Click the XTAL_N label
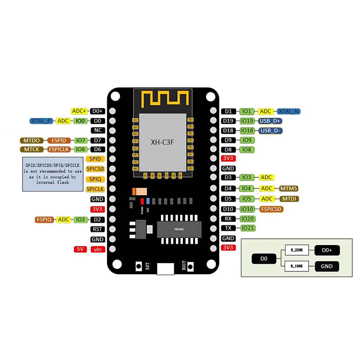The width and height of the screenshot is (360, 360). pos(288,111)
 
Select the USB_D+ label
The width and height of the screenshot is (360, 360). pos(270,121)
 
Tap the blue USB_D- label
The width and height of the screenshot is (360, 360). pos(270,130)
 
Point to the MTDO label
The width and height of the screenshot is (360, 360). pos(31,140)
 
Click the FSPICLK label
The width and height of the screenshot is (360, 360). pos(59,149)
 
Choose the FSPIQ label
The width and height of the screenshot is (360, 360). pos(44,220)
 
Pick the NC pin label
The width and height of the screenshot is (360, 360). pos(98,130)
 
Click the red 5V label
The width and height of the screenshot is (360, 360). pos(80,249)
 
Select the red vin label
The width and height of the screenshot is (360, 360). pos(98,249)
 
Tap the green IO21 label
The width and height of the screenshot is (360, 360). pos(247,228)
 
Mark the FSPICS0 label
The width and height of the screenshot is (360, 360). pos(271,209)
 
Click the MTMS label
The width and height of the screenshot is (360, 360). pos(289,188)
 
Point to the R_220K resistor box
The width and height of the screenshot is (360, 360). pos(297,250)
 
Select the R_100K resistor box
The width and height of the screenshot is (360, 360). pos(297,266)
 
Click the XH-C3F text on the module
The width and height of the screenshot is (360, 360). pos(162,142)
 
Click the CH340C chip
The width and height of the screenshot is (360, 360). pos(179,229)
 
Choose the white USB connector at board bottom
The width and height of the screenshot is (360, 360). pos(165,268)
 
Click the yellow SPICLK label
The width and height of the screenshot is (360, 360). pos(95,189)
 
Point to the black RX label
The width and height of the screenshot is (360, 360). pos(228,219)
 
